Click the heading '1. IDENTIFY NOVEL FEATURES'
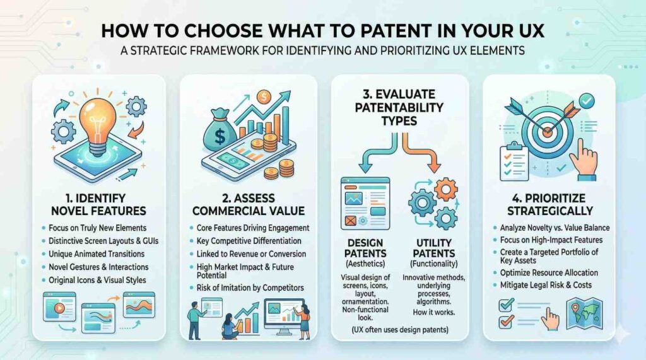click(x=98, y=204)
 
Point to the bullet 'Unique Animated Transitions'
click(x=97, y=253)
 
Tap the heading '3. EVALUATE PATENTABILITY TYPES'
click(x=399, y=108)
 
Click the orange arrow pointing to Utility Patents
click(x=421, y=153)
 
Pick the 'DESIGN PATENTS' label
click(x=365, y=248)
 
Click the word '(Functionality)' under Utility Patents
click(x=434, y=264)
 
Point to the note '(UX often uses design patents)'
click(x=400, y=330)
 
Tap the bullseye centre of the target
click(x=547, y=132)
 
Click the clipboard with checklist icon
click(x=514, y=161)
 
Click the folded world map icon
click(x=585, y=313)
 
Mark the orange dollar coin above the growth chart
click(x=263, y=97)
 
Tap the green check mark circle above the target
click(x=586, y=100)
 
